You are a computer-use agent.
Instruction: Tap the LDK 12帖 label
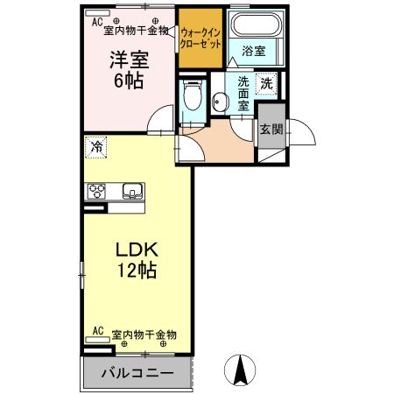tap(137, 260)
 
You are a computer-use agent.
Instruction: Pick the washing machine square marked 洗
tap(267, 84)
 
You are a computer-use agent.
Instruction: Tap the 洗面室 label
tap(243, 93)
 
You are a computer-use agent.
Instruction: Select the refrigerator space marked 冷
tap(96, 146)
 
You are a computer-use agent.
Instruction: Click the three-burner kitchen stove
tap(95, 191)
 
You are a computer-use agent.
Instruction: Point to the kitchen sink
tap(133, 191)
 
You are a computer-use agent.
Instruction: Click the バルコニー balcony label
tap(137, 374)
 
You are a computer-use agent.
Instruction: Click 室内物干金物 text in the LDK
tap(145, 334)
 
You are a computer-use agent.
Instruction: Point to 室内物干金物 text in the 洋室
tap(137, 31)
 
